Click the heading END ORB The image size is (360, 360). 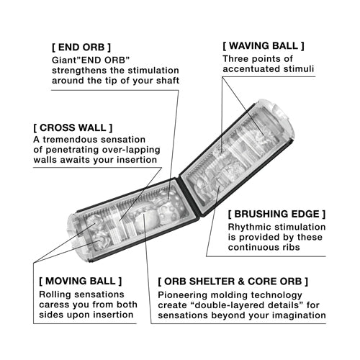tap(81, 48)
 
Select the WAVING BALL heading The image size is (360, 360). tap(264, 45)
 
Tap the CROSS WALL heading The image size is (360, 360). tap(73, 127)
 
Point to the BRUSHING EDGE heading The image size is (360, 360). tap(276, 214)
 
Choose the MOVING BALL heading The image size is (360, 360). tap(81, 281)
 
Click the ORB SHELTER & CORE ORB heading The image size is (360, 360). tap(233, 282)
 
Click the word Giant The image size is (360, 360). tap(58, 60)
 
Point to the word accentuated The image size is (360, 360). tap(251, 69)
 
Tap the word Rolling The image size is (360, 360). tap(54, 294)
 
